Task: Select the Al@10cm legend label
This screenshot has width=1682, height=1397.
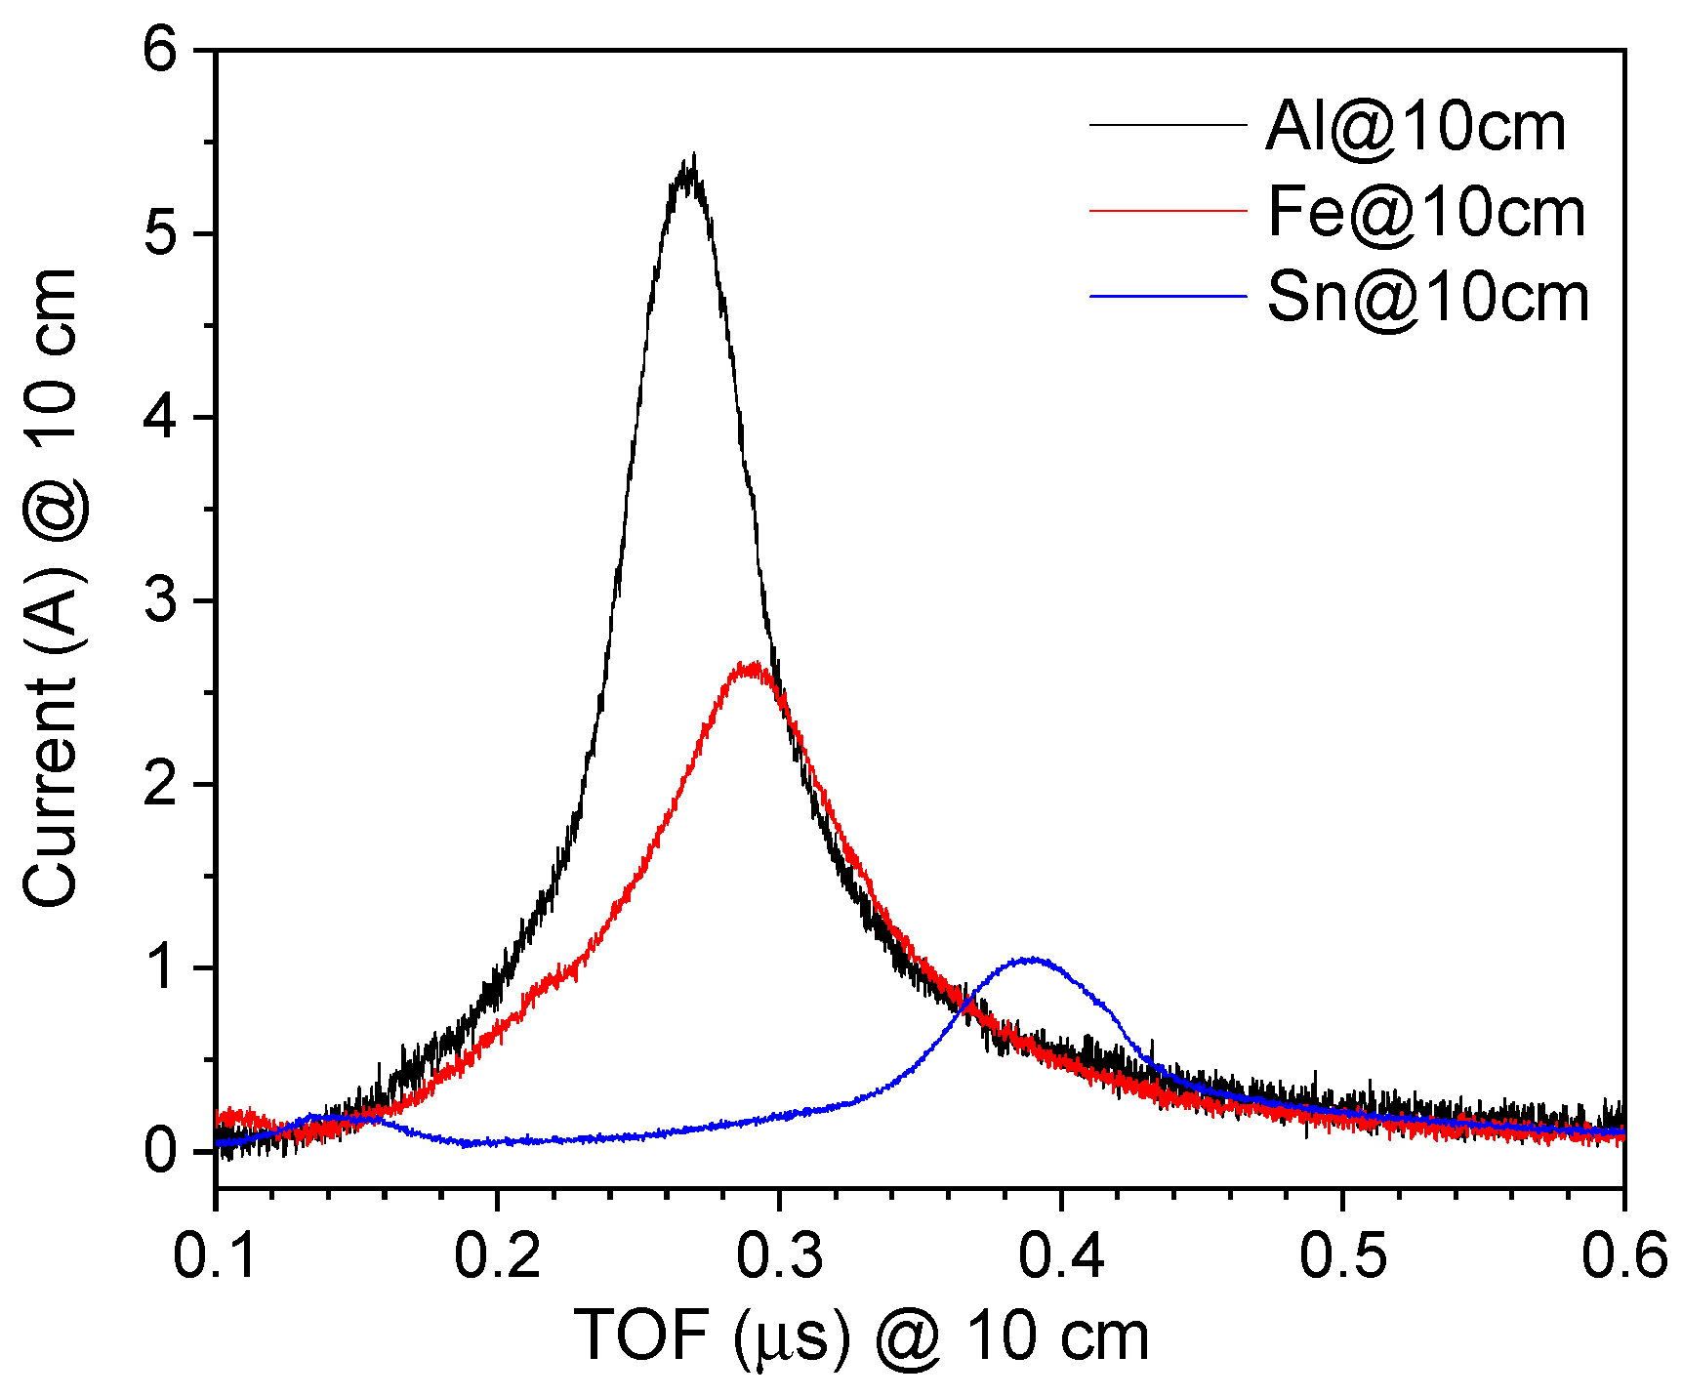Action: pos(1415,127)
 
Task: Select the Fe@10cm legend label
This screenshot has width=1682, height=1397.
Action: pos(1426,212)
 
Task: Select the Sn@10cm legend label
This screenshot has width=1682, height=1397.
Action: pos(1428,297)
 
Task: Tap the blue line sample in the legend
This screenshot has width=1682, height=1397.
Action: pos(1169,296)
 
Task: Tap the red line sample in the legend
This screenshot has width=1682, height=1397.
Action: pos(1169,211)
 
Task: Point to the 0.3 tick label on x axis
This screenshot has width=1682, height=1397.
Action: pos(779,1254)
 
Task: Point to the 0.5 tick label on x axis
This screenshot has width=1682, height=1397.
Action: pos(1342,1254)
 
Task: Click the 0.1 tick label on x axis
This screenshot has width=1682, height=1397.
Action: pos(216,1254)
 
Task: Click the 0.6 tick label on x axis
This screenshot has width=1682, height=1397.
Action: pos(1622,1254)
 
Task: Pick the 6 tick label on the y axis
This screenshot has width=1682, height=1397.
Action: pos(160,49)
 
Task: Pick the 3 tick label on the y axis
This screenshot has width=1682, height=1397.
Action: pos(160,600)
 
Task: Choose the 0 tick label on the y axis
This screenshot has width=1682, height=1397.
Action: pos(160,1152)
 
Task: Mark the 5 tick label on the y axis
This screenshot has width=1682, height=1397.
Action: pos(160,233)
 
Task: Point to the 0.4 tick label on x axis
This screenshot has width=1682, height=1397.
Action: pos(1061,1254)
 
